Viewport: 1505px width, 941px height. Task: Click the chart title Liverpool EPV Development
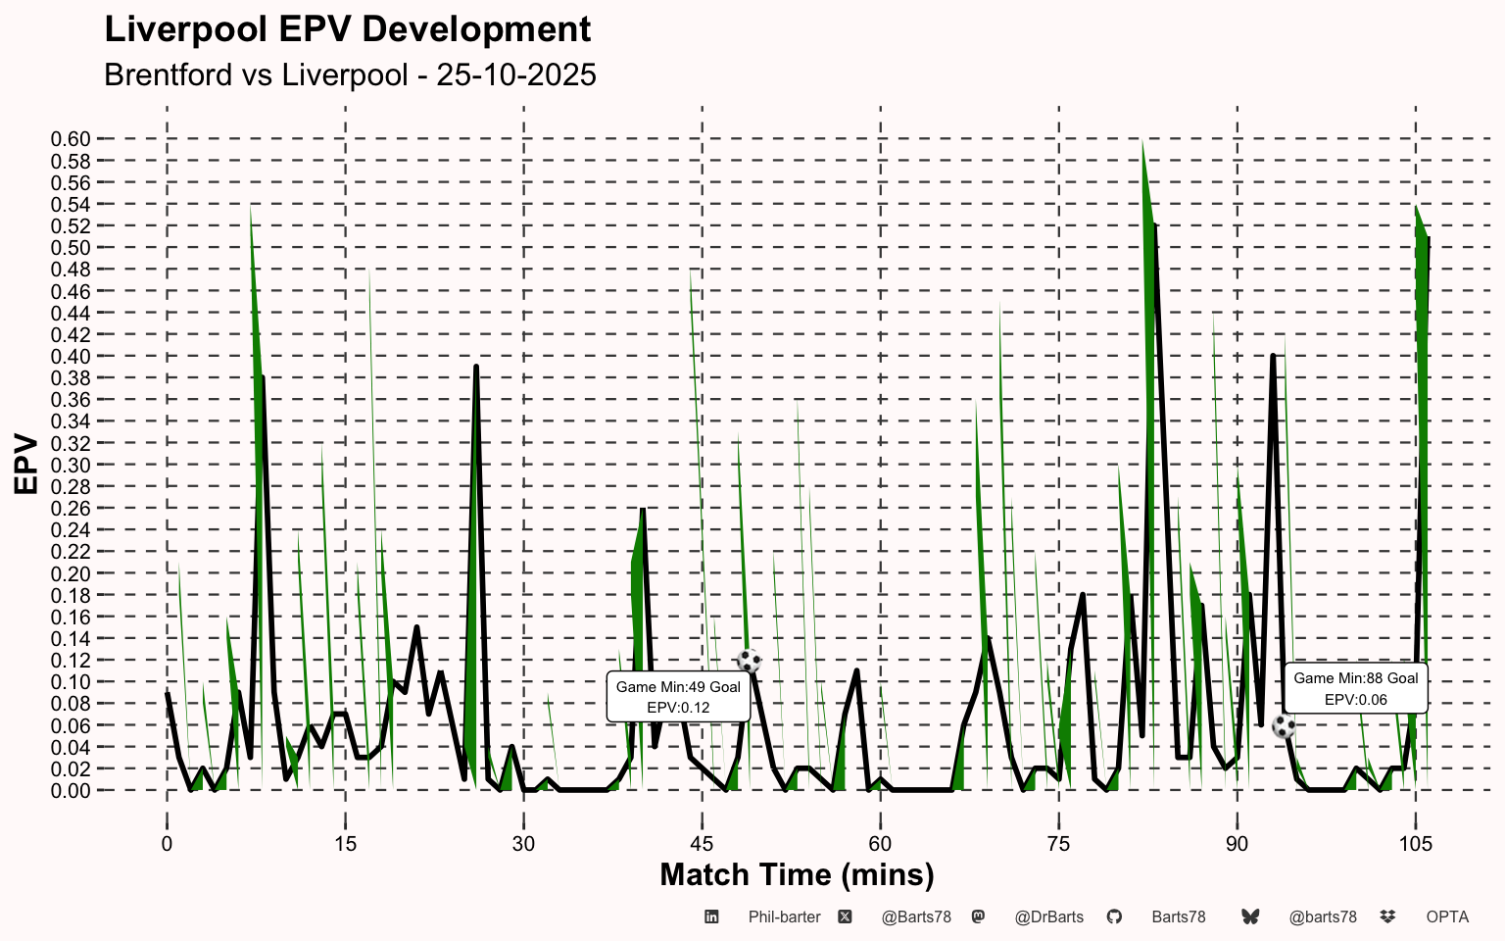[x=348, y=30]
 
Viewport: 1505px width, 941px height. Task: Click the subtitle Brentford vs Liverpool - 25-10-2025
[x=350, y=74]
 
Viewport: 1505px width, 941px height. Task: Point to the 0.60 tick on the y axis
[x=71, y=139]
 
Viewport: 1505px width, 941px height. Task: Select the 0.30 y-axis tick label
[x=71, y=466]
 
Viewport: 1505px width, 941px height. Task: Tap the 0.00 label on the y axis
[x=71, y=791]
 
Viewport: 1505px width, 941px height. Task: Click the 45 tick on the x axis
[x=703, y=844]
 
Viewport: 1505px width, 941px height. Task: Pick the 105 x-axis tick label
[x=1416, y=844]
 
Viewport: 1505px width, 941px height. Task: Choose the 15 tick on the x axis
[x=345, y=844]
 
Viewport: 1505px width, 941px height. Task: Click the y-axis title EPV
[x=26, y=465]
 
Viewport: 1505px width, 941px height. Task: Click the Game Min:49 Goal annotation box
[x=678, y=697]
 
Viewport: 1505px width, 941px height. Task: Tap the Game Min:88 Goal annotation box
[x=1356, y=688]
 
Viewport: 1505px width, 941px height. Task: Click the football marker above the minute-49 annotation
[x=749, y=661]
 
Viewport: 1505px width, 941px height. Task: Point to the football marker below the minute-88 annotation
[x=1284, y=726]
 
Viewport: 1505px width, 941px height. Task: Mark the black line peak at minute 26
[x=475, y=367]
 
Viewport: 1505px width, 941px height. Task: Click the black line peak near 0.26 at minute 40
[x=643, y=510]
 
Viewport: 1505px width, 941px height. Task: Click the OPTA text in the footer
[x=1447, y=917]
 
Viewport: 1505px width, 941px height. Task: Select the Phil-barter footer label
[x=784, y=917]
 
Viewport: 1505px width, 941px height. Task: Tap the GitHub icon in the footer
[x=1114, y=916]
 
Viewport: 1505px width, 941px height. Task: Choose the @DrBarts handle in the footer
[x=1048, y=917]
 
